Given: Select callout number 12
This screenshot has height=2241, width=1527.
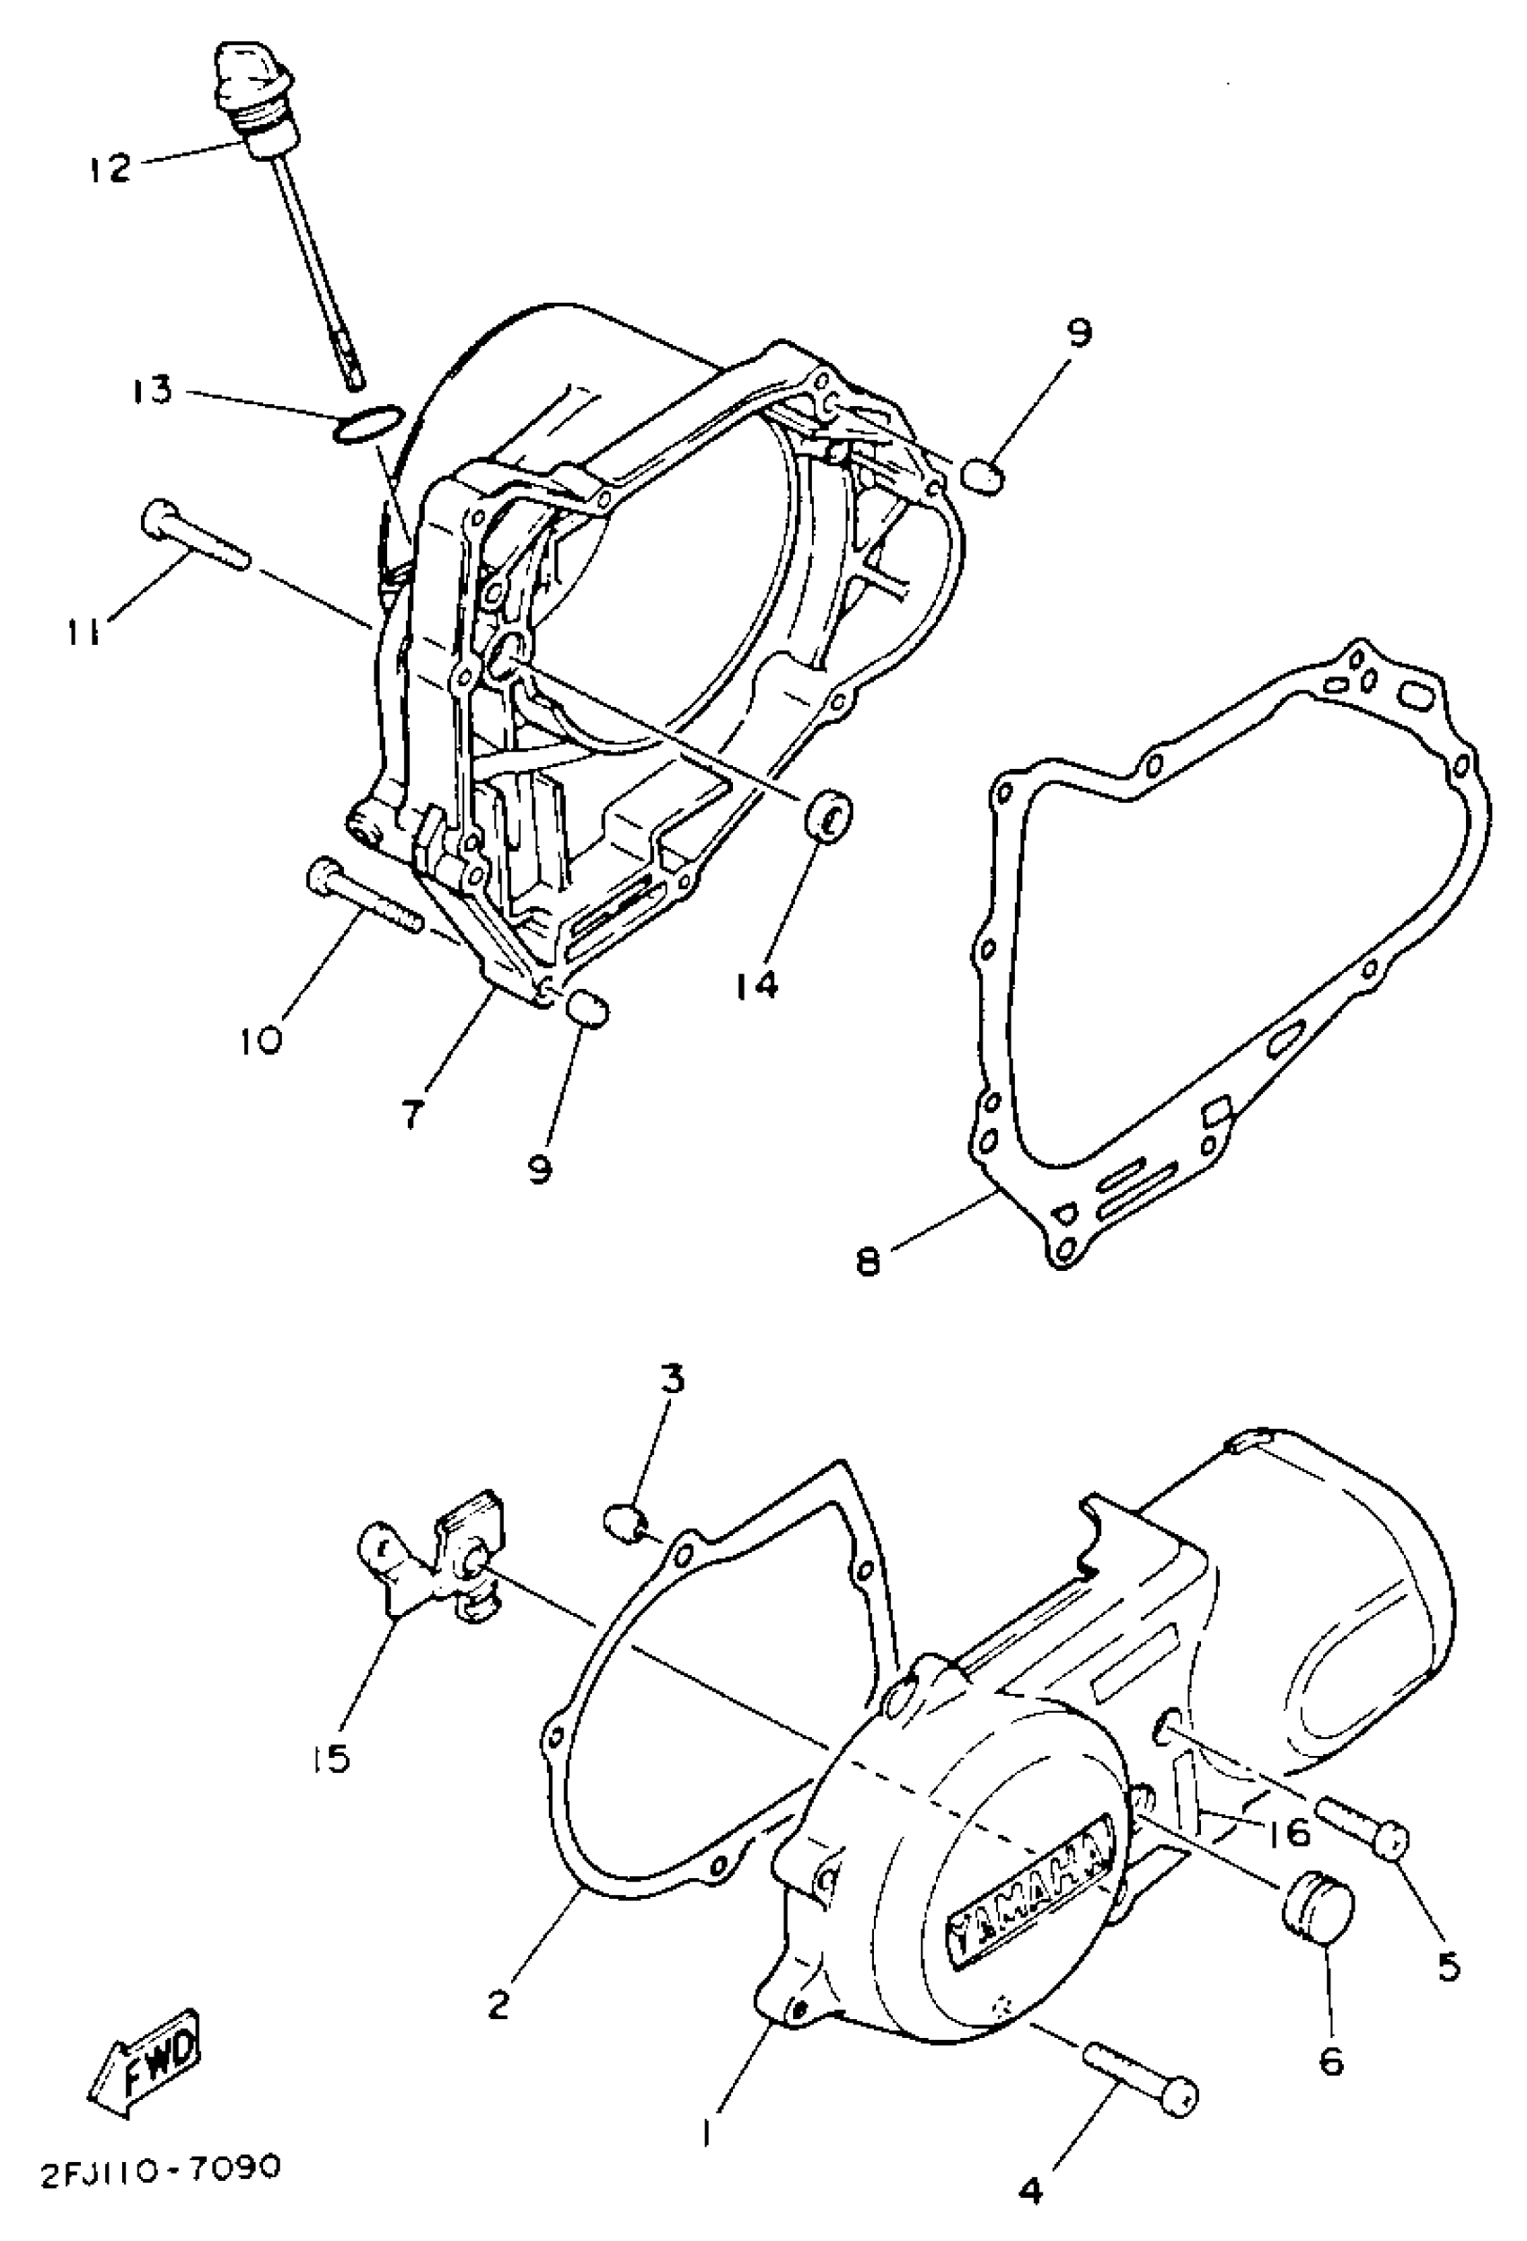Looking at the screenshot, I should (x=109, y=169).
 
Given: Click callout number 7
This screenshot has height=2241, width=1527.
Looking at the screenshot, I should (x=412, y=1114).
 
